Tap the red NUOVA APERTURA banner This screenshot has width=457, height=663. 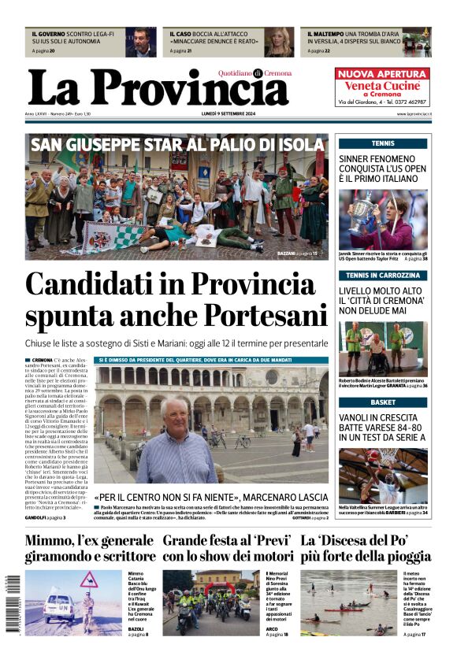pyautogui.click(x=383, y=73)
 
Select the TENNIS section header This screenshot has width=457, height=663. pyautogui.click(x=383, y=143)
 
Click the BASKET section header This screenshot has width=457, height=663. pyautogui.click(x=383, y=402)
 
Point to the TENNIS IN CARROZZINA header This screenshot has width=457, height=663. pyautogui.click(x=383, y=276)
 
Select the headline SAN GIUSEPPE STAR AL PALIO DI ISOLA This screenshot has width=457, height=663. pyautogui.click(x=176, y=145)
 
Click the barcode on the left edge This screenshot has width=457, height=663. pyautogui.click(x=13, y=604)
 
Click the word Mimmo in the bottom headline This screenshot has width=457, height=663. pyautogui.click(x=54, y=541)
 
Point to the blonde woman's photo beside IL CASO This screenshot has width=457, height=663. pyautogui.click(x=278, y=43)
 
